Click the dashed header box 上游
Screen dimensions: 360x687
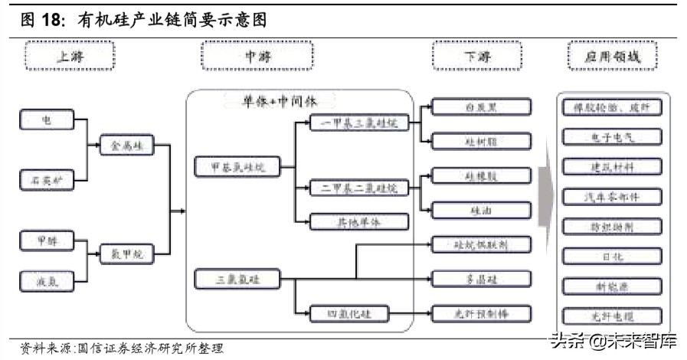click(70, 57)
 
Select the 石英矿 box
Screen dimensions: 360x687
click(47, 180)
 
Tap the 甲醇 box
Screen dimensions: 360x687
click(47, 241)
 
